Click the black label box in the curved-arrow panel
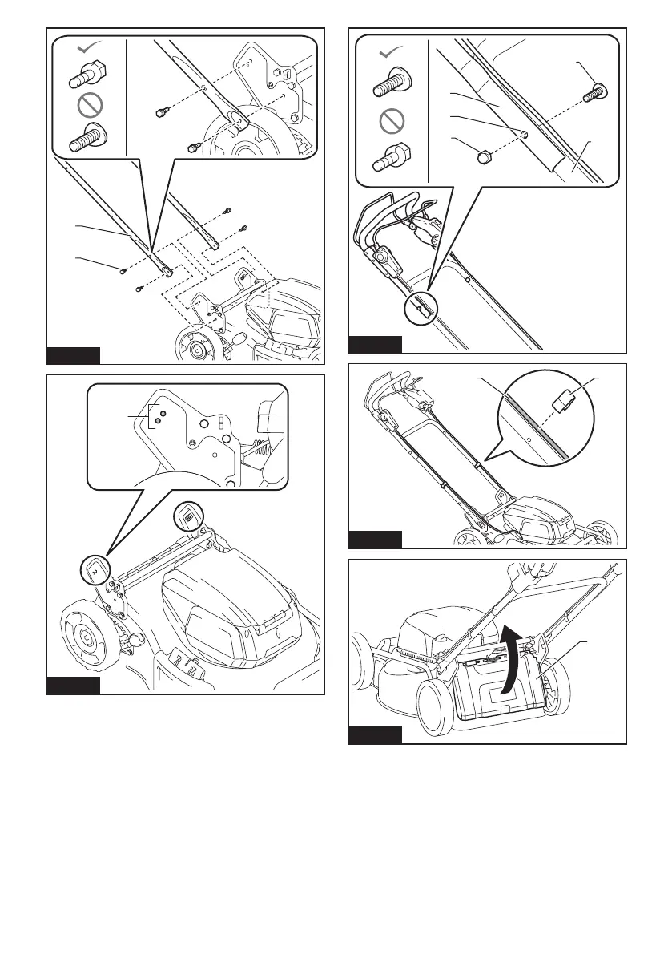pyautogui.click(x=375, y=734)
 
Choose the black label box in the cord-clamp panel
pyautogui.click(x=375, y=539)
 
